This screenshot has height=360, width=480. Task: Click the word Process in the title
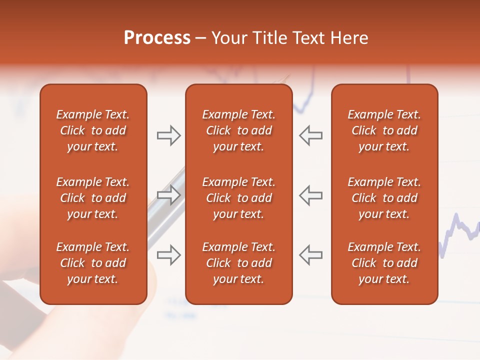click(157, 38)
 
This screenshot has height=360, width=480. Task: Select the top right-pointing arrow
click(168, 135)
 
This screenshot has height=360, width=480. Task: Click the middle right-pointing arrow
click(168, 195)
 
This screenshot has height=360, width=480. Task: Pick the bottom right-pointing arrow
click(168, 255)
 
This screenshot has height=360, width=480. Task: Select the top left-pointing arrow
click(310, 135)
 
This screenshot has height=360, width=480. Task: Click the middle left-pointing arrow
click(310, 195)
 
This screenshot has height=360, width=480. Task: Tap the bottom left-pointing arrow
click(310, 255)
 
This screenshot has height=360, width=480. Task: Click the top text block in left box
click(93, 130)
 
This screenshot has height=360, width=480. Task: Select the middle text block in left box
click(93, 198)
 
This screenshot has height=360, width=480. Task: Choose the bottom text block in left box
click(93, 263)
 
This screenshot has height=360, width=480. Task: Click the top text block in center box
click(238, 130)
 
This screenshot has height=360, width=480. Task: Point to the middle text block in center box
click(238, 198)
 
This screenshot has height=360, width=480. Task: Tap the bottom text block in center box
click(238, 263)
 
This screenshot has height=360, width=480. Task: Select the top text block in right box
click(384, 130)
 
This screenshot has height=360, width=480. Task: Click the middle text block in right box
click(384, 198)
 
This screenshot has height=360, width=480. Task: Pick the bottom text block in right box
click(384, 263)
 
